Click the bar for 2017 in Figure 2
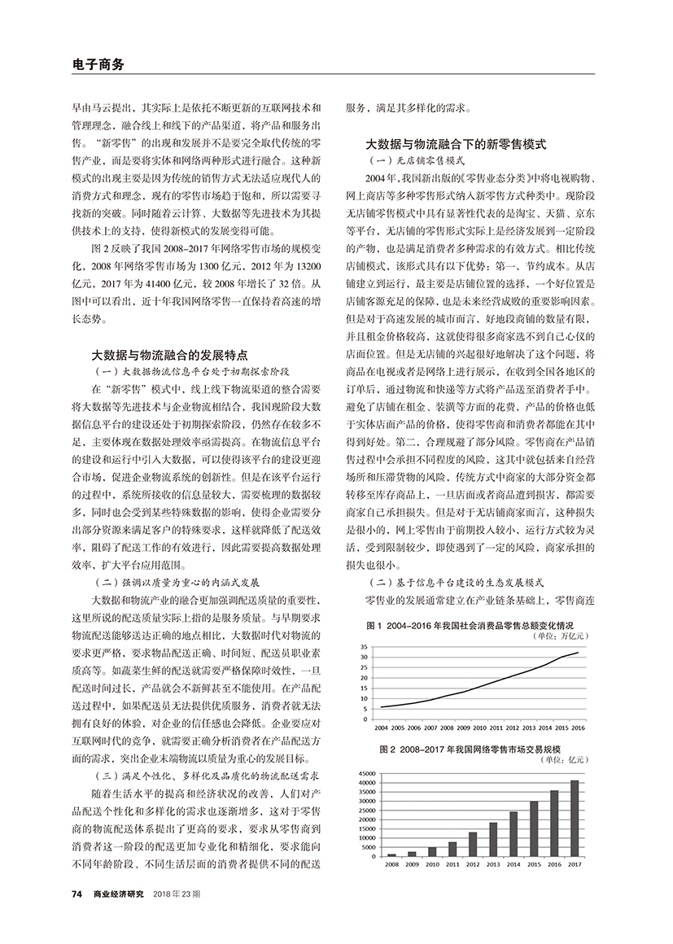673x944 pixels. pos(575,818)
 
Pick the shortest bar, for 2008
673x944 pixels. pos(391,854)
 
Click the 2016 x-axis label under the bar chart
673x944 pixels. pos(554,863)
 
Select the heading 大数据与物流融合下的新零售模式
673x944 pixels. pos(456,144)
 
